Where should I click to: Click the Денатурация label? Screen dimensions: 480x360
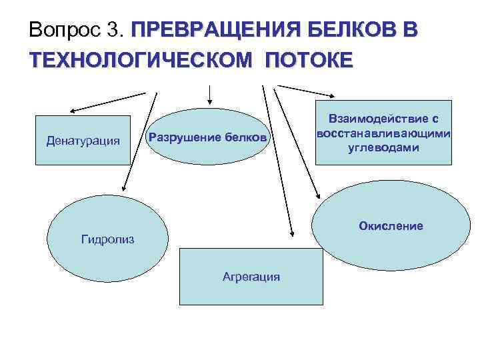tap(83, 141)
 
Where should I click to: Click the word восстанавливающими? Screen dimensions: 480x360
tap(383, 133)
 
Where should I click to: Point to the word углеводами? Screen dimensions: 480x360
tap(383, 147)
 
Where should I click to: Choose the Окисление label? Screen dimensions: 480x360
tap(391, 226)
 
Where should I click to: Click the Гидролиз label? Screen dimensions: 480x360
tap(107, 238)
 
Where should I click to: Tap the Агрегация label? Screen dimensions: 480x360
tap(251, 277)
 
